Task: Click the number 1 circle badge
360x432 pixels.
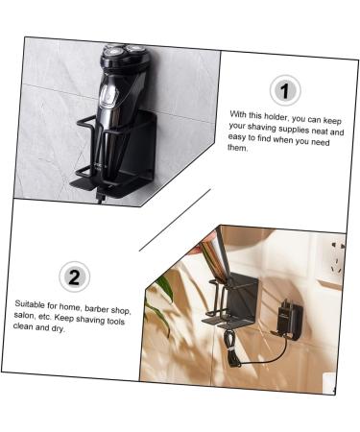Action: click(285, 91)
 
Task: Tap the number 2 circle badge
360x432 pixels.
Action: click(74, 277)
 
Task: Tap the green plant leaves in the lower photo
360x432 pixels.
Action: click(164, 288)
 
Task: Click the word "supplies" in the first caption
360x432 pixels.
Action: click(285, 128)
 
